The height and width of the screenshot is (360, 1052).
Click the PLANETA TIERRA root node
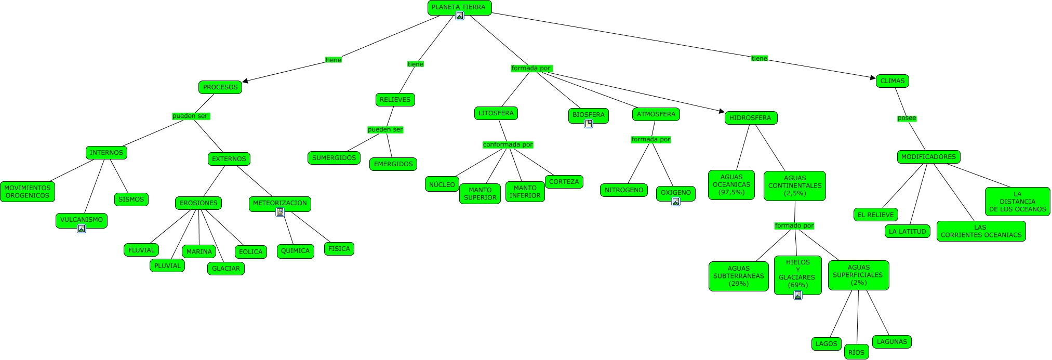click(x=459, y=7)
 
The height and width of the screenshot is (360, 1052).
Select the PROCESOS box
click(x=220, y=87)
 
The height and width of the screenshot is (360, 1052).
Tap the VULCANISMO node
click(x=81, y=220)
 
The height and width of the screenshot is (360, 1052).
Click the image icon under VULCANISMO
click(x=82, y=229)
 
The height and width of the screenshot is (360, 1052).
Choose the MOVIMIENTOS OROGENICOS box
click(x=28, y=192)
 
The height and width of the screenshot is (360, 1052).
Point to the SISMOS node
click(x=131, y=199)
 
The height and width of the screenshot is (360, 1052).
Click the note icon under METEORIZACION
click(x=280, y=212)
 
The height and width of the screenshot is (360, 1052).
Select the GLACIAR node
click(x=226, y=269)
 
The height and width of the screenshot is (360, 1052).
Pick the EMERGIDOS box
click(x=393, y=164)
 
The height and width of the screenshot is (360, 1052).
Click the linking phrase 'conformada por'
click(x=508, y=144)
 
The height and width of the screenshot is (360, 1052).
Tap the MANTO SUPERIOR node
click(x=480, y=194)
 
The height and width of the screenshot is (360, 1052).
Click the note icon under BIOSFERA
click(x=589, y=124)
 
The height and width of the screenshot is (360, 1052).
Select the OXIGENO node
click(x=675, y=192)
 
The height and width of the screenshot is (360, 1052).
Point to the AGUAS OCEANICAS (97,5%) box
click(x=731, y=184)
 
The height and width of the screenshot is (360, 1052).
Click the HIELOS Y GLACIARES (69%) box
click(x=797, y=274)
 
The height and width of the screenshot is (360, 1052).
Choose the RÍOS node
click(x=856, y=352)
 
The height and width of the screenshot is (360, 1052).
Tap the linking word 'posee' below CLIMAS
click(x=907, y=118)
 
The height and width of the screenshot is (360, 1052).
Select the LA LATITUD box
click(x=907, y=232)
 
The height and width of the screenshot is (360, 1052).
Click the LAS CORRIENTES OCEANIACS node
click(x=981, y=231)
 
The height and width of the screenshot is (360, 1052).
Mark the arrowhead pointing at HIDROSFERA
click(x=721, y=111)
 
